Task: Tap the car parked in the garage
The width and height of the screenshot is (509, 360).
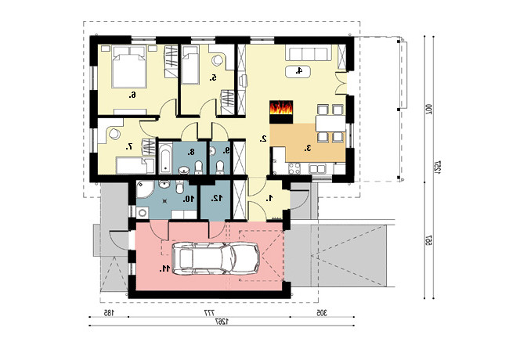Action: click(x=216, y=258)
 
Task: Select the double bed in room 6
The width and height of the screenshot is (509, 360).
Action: click(x=128, y=67)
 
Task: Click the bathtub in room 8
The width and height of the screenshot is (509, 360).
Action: click(x=165, y=157)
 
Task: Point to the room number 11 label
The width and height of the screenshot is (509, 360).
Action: click(x=165, y=268)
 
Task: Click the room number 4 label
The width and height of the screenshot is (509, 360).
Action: click(x=298, y=70)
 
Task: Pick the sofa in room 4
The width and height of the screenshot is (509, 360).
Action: click(x=309, y=54)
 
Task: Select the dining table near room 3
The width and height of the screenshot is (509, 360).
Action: click(x=330, y=124)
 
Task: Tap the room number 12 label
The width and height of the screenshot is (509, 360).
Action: click(x=217, y=198)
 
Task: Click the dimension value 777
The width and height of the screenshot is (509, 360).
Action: click(x=209, y=313)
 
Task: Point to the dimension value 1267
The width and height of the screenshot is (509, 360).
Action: click(x=222, y=321)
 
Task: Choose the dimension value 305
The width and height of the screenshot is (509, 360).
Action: click(x=321, y=312)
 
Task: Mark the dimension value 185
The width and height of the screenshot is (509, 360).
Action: click(x=108, y=312)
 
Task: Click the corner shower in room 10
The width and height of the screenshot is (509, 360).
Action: click(x=144, y=189)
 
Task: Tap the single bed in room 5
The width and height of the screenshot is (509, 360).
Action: click(x=190, y=65)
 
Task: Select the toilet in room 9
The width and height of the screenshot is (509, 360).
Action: click(x=220, y=167)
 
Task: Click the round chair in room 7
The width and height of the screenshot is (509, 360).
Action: click(x=114, y=134)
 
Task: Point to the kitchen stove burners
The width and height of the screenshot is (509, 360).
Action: click(x=294, y=168)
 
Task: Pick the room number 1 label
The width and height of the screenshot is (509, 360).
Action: click(x=269, y=199)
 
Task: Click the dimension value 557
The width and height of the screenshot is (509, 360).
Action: click(x=428, y=240)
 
